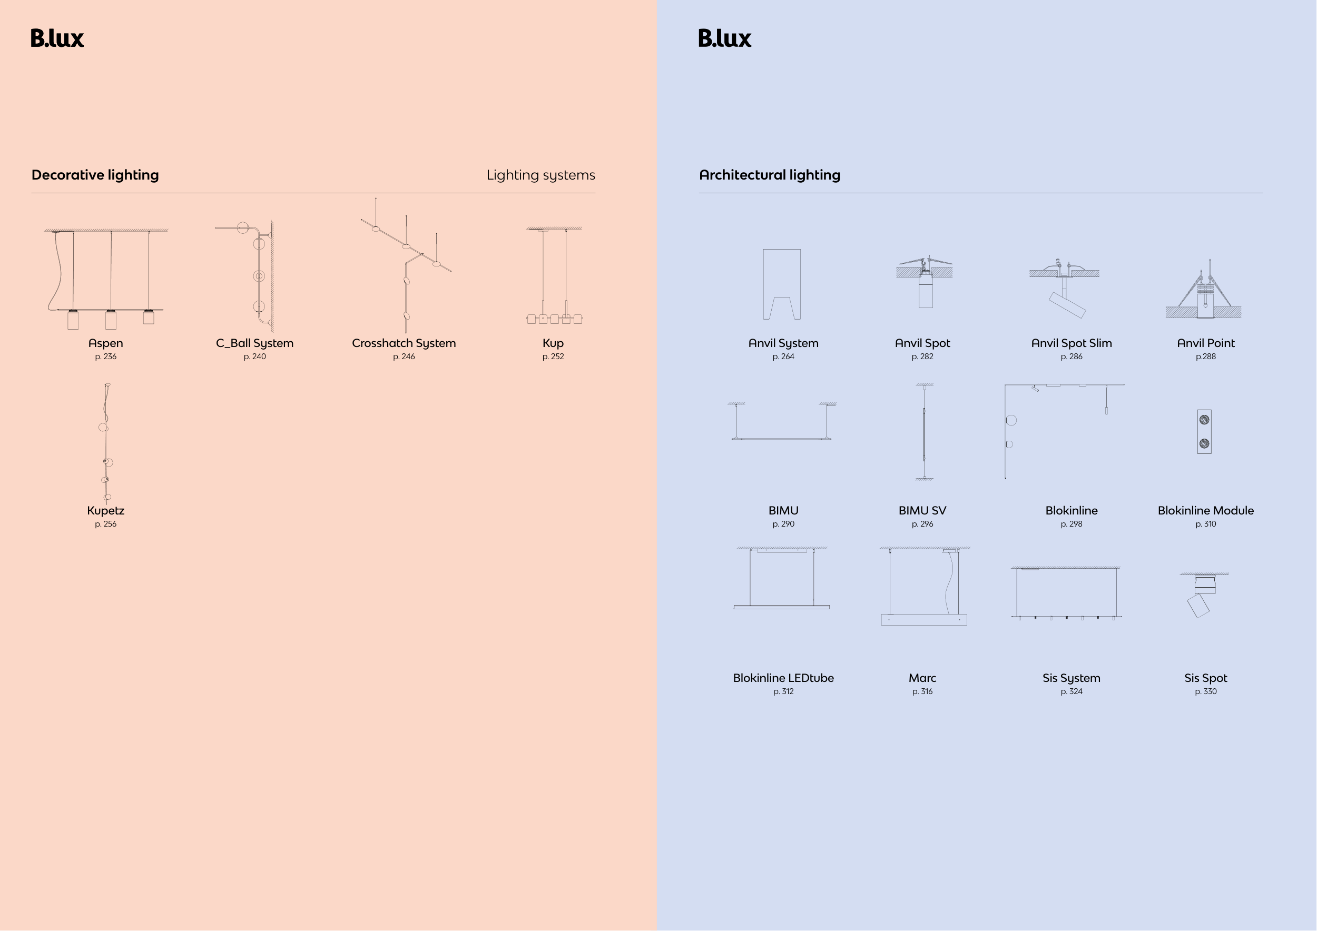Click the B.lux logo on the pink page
57,38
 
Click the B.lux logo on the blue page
724,38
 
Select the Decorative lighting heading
95,175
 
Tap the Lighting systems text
540,175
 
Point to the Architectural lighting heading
769,175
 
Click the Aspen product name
105,343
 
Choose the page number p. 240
254,356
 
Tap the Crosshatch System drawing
406,265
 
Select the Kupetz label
105,510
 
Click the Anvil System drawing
782,284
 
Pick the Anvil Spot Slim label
1071,343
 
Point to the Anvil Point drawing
1204,290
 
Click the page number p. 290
783,524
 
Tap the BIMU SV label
922,510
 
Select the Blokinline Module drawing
1204,432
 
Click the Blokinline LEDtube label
783,678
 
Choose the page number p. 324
1071,691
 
